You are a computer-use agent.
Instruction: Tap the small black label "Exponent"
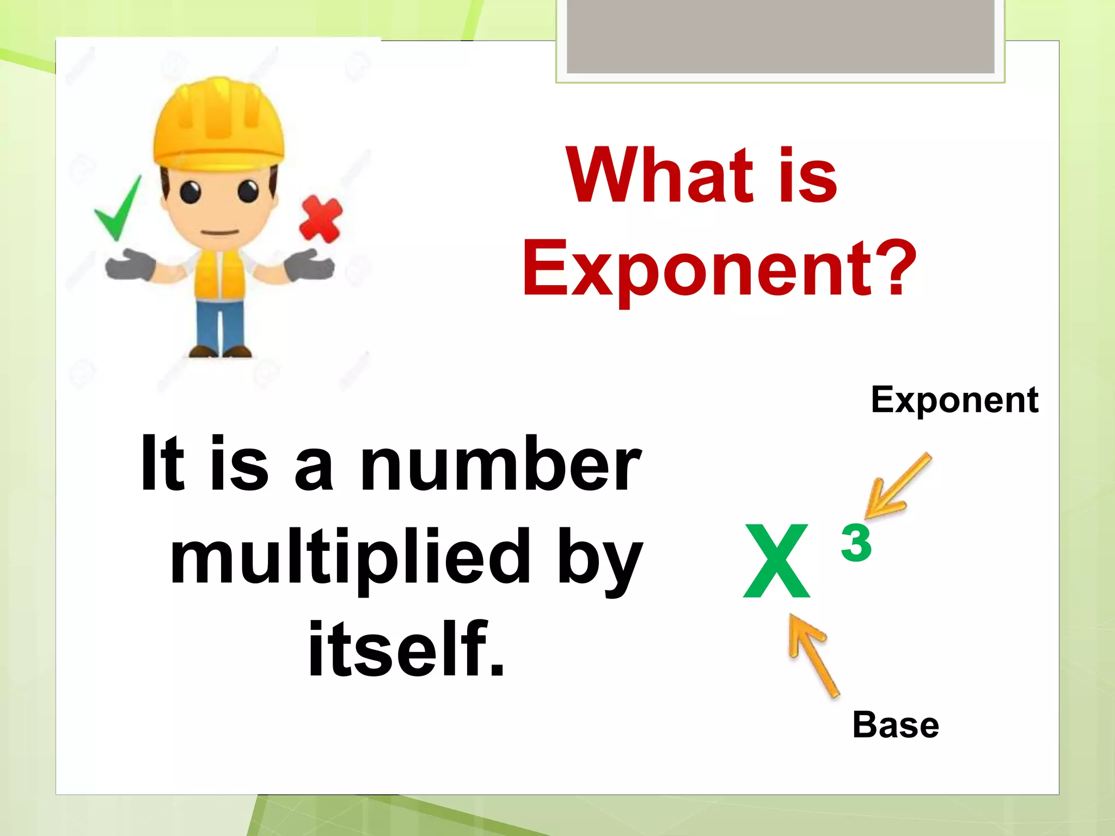pyautogui.click(x=954, y=401)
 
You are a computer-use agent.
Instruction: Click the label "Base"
pyautogui.click(x=896, y=725)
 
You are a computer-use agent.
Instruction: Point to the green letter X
pyautogui.click(x=777, y=561)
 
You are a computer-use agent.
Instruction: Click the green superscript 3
pyautogui.click(x=856, y=542)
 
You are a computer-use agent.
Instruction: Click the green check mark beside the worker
pyautogui.click(x=118, y=210)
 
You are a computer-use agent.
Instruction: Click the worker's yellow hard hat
pyautogui.click(x=218, y=122)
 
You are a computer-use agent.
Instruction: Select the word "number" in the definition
pyautogui.click(x=500, y=465)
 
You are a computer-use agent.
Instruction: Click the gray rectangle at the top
pyautogui.click(x=780, y=36)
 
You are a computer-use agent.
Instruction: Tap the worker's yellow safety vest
pyautogui.click(x=219, y=275)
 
